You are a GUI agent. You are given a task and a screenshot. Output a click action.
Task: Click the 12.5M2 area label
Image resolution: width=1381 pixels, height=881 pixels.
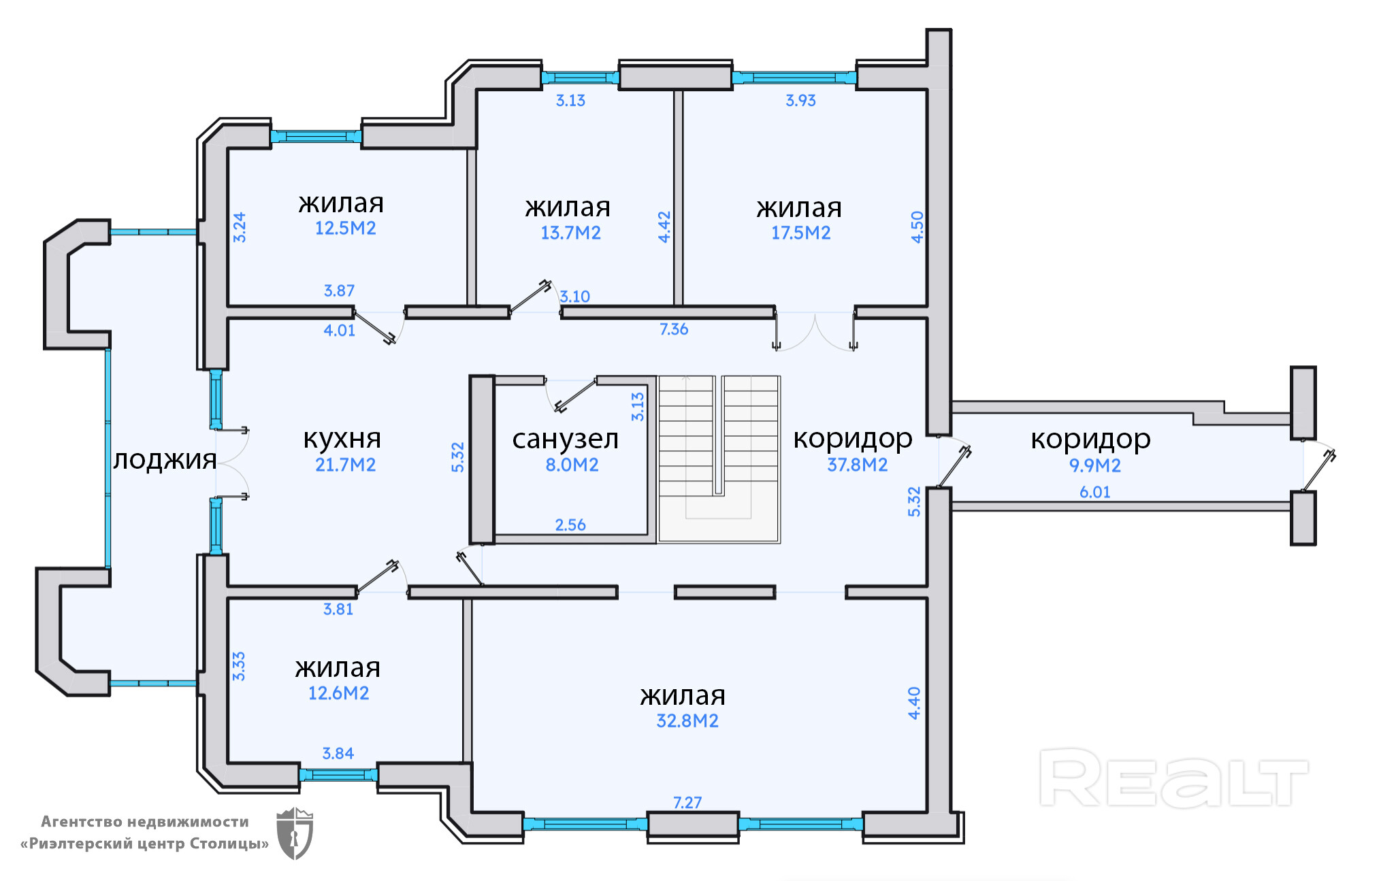[x=345, y=229]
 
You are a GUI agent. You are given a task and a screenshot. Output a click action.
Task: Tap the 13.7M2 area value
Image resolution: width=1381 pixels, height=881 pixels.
[x=570, y=233]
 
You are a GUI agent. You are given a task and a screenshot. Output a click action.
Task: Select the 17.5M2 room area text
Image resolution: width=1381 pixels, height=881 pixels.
[x=800, y=233]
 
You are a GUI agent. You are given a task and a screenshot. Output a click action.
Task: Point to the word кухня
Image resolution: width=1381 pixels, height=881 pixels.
[x=342, y=439]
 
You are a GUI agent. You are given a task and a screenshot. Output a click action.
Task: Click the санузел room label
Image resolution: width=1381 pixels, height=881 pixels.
[x=565, y=439]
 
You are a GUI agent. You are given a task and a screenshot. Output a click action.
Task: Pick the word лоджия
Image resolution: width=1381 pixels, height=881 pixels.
[x=165, y=460]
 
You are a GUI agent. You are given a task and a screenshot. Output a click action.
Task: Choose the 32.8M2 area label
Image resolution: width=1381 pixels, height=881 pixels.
[x=687, y=721]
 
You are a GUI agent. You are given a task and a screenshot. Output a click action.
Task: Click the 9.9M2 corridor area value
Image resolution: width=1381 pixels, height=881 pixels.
[x=1094, y=466]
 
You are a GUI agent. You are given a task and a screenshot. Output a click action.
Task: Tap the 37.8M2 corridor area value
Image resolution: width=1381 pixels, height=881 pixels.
[x=857, y=465]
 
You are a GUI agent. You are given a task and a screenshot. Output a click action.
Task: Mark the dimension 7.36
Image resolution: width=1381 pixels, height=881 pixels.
[x=673, y=329]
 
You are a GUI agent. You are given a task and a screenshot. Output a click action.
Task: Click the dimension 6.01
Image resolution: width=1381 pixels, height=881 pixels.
[x=1094, y=493]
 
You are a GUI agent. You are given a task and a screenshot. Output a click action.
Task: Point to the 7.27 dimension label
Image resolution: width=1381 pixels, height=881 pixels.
[x=687, y=803]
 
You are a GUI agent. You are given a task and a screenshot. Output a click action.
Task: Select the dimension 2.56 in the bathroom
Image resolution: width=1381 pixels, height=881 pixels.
[x=570, y=525]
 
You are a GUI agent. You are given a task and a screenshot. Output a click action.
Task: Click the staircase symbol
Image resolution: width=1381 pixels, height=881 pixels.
[x=718, y=459]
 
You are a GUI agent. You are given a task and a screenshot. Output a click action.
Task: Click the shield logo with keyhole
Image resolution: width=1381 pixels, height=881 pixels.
[x=294, y=833]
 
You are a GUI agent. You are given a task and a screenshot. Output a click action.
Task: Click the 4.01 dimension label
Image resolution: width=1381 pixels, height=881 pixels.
[x=339, y=331]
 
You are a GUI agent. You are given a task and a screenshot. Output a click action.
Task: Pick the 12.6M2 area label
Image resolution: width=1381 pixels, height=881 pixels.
[x=338, y=693]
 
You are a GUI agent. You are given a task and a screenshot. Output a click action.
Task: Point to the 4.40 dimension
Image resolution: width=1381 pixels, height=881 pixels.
[x=914, y=703]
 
